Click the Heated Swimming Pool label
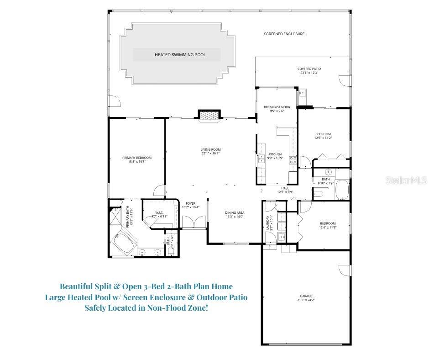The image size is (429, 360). (x=180, y=55)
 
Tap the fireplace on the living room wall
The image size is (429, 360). (x=209, y=116)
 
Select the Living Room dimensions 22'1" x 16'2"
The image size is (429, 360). (x=210, y=154)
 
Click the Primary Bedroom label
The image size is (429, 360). (x=136, y=158)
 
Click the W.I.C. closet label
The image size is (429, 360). (x=159, y=212)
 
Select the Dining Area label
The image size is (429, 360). (x=235, y=212)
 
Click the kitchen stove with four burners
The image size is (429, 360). (x=293, y=160)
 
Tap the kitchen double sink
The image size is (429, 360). (x=262, y=159)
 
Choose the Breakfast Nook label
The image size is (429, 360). (x=274, y=107)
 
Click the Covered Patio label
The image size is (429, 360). (x=309, y=69)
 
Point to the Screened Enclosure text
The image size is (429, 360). (x=284, y=34)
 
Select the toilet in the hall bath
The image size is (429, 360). (x=319, y=194)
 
